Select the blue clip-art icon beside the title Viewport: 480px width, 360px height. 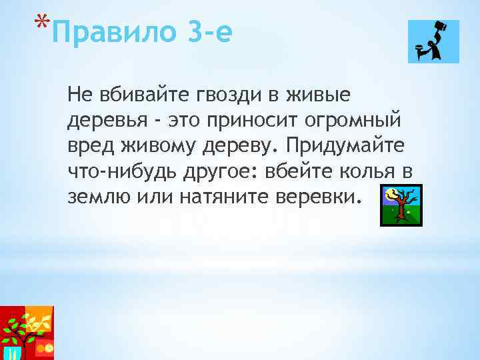(x=433, y=41)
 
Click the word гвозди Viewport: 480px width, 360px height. (x=211, y=95)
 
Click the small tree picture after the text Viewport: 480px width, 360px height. (x=401, y=205)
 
